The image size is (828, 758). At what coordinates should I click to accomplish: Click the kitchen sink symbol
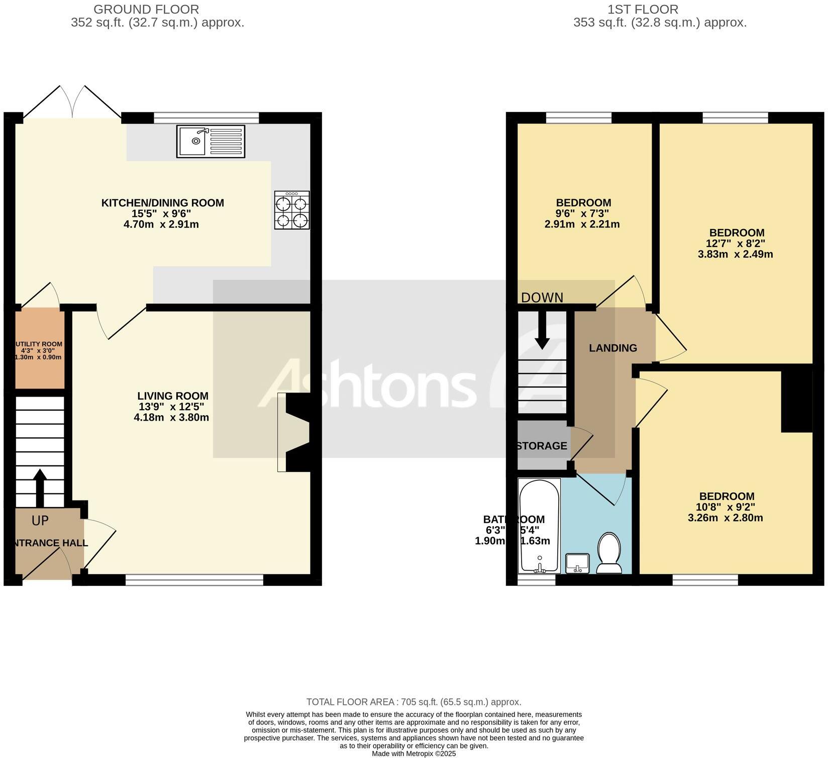click(211, 141)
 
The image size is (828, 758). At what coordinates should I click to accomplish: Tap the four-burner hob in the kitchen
click(291, 210)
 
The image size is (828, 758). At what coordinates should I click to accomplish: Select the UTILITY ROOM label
click(40, 344)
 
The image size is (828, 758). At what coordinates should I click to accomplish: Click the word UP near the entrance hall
click(40, 521)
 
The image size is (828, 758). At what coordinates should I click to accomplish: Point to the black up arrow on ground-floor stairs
click(40, 487)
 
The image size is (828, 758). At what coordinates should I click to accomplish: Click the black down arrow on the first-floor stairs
click(542, 330)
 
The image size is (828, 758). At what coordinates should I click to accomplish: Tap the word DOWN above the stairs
click(542, 298)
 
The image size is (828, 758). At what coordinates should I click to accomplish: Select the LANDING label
click(613, 348)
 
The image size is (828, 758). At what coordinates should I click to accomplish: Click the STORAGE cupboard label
click(542, 446)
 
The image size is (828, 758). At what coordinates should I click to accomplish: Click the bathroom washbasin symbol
click(577, 563)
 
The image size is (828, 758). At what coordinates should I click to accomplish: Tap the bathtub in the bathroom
click(539, 525)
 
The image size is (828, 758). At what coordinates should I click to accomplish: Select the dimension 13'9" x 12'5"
click(171, 407)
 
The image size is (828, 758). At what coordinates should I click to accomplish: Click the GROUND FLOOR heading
click(146, 10)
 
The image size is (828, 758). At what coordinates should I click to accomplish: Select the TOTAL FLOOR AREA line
click(413, 702)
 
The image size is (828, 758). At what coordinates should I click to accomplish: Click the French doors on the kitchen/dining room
click(73, 103)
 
